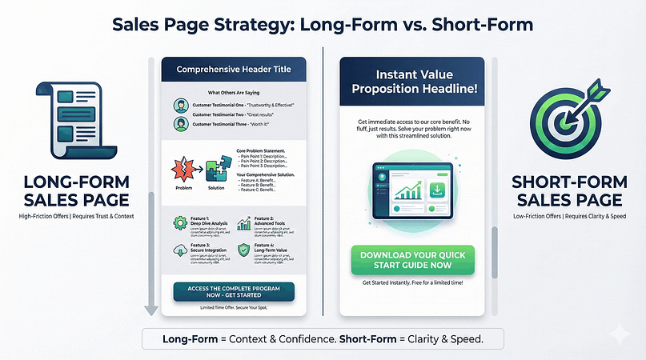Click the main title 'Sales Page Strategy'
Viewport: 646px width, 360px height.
(x=322, y=26)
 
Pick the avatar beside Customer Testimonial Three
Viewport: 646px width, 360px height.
(x=180, y=124)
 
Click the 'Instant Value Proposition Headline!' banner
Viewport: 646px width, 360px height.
(x=410, y=82)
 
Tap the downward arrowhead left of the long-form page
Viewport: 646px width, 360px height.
(x=149, y=310)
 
